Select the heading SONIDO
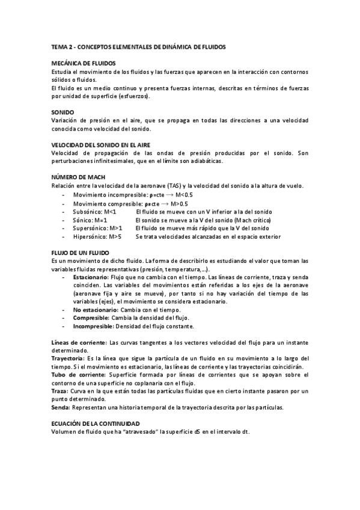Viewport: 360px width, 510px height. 63,112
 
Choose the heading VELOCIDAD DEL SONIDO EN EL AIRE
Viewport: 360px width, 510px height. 100,146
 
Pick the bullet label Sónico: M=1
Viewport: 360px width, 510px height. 90,221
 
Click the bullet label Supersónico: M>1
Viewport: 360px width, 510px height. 97,229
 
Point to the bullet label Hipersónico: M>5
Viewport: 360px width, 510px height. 97,237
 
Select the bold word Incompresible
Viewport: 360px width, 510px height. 93,326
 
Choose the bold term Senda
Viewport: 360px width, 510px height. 61,407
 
